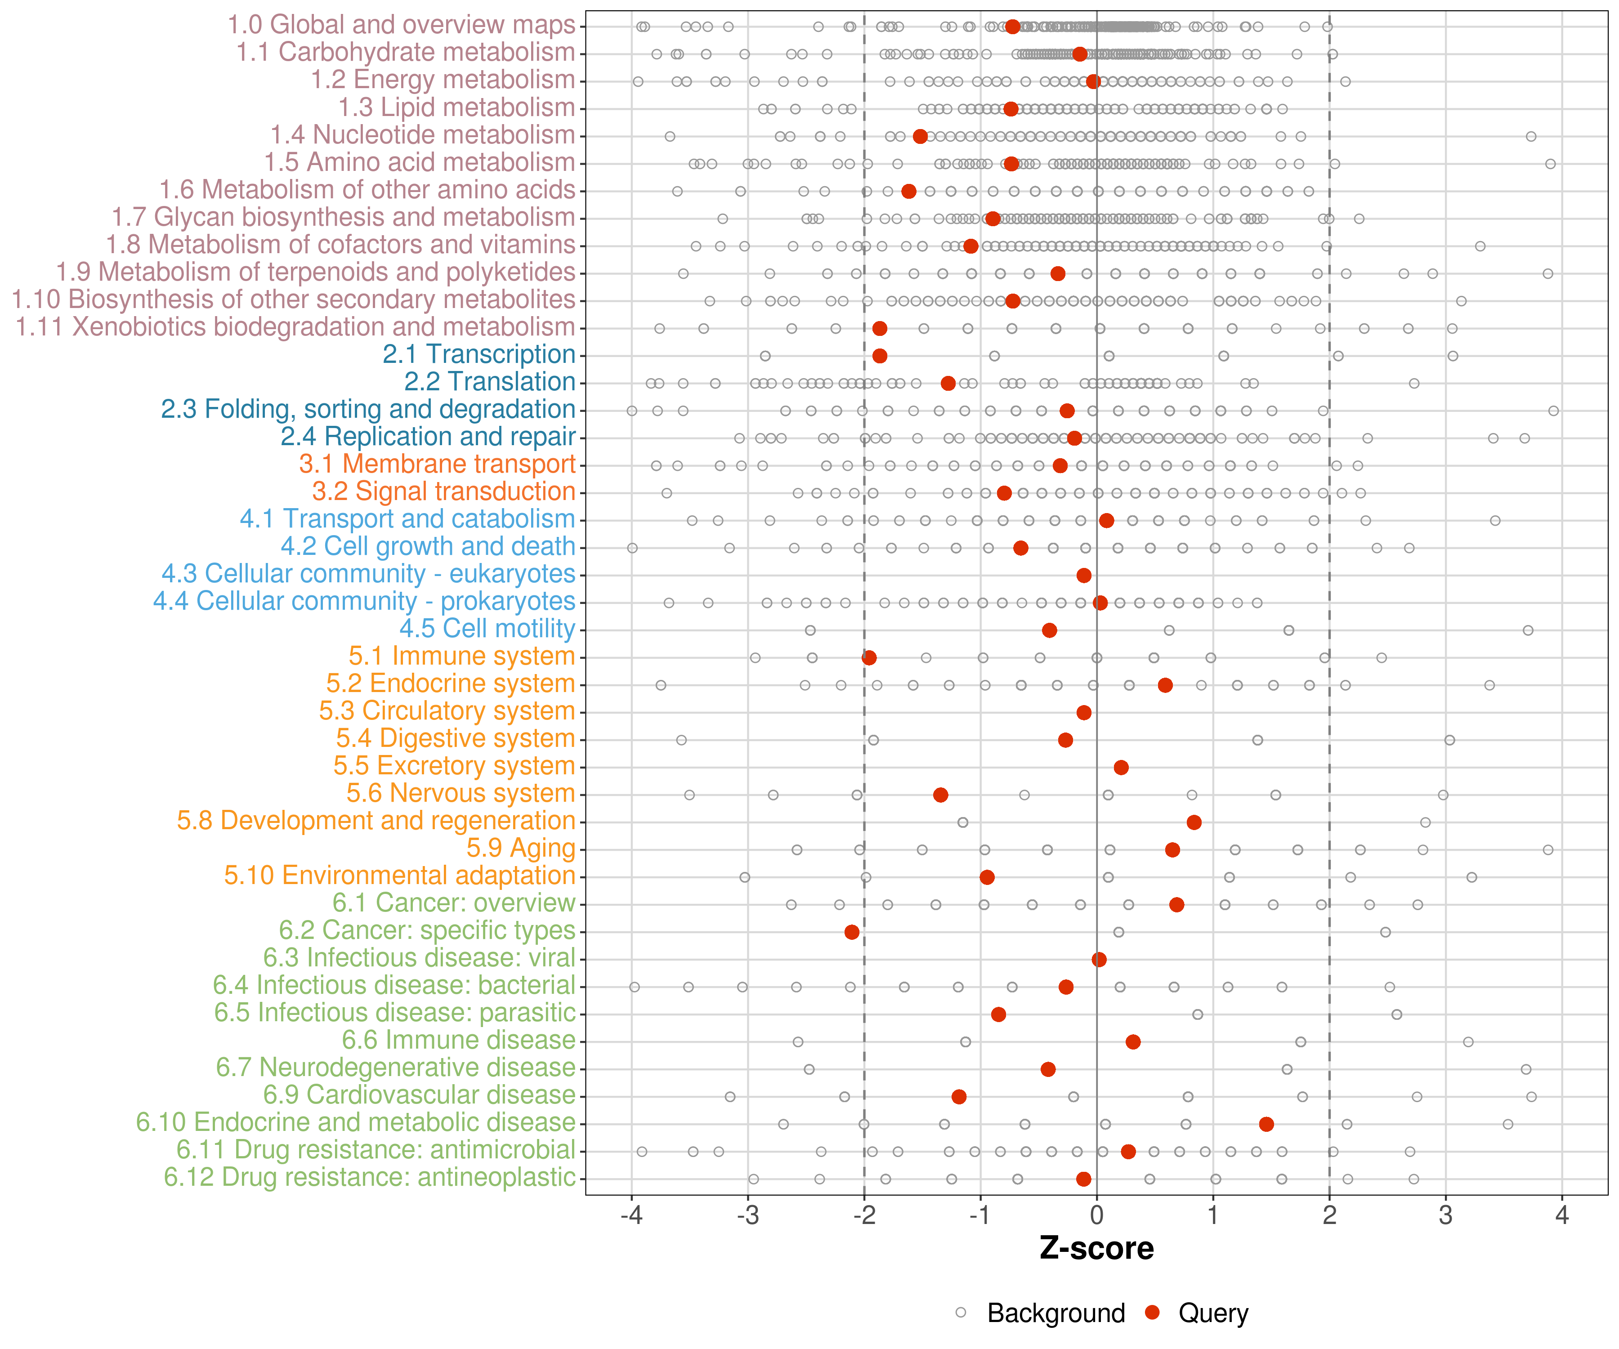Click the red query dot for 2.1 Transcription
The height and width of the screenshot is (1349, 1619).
click(x=880, y=355)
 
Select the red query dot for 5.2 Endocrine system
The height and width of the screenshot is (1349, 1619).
click(x=1165, y=684)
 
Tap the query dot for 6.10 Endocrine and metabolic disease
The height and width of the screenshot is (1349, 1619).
click(x=1266, y=1124)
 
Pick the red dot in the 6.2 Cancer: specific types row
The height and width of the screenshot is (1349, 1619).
click(x=852, y=932)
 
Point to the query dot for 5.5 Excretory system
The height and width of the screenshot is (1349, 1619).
click(x=1121, y=767)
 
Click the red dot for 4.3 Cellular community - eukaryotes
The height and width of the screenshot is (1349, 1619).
click(x=1084, y=575)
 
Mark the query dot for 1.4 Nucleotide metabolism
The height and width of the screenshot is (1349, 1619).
click(x=920, y=136)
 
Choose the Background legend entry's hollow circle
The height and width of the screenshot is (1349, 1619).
click(x=961, y=1313)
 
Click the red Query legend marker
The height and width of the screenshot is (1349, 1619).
click(x=1153, y=1313)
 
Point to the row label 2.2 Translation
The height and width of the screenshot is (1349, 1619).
click(x=490, y=382)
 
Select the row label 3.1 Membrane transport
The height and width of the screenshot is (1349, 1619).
click(x=437, y=464)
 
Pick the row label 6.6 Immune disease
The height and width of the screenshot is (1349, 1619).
click(x=459, y=1040)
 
